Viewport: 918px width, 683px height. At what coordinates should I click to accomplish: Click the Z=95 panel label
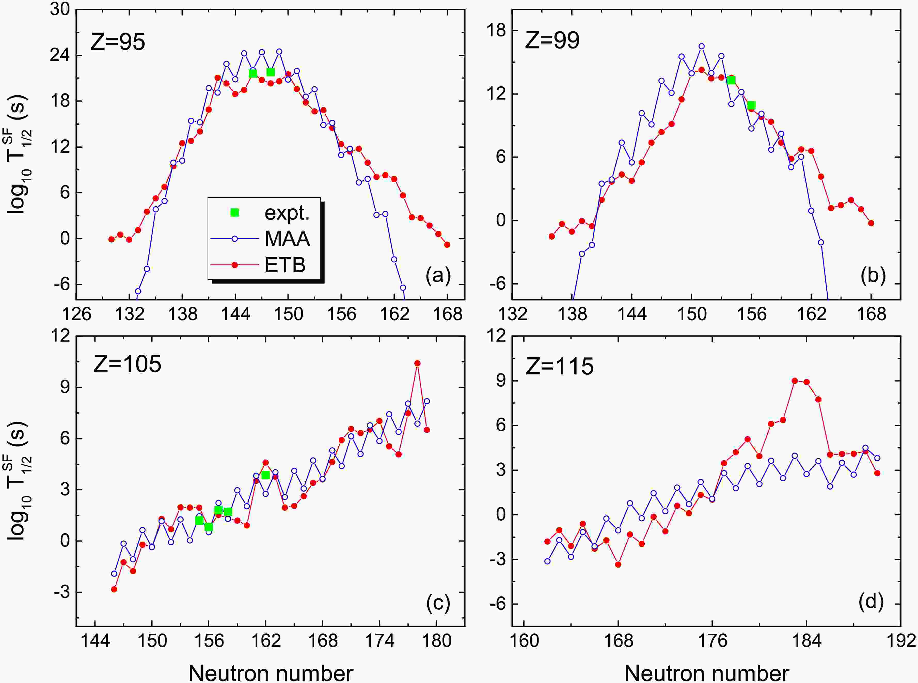coord(118,42)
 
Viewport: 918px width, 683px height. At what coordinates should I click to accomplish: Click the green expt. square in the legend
coord(234,213)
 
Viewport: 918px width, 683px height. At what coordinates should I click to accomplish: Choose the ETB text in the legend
coord(285,265)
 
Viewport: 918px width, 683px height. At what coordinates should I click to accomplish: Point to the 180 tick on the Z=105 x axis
coord(437,641)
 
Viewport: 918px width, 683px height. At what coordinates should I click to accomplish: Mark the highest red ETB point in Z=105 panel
coord(417,363)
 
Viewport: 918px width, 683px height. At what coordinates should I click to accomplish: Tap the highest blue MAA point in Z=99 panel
coord(701,46)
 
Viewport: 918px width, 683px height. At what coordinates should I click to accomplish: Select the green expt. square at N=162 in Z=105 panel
coord(265,475)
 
